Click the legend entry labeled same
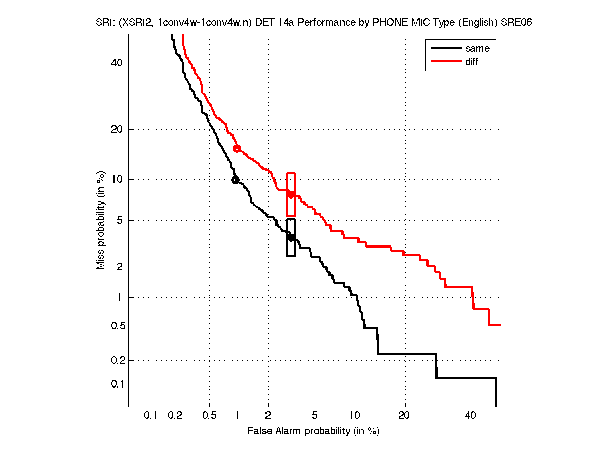(477, 49)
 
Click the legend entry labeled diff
(471, 62)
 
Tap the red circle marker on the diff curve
(237, 148)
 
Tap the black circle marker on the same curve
(235, 180)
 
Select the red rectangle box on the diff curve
(291, 194)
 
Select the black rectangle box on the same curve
(291, 237)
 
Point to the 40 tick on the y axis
(118, 63)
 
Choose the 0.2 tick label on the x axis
(175, 416)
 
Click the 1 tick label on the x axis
(238, 416)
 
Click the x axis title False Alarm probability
(313, 431)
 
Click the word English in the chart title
(474, 23)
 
